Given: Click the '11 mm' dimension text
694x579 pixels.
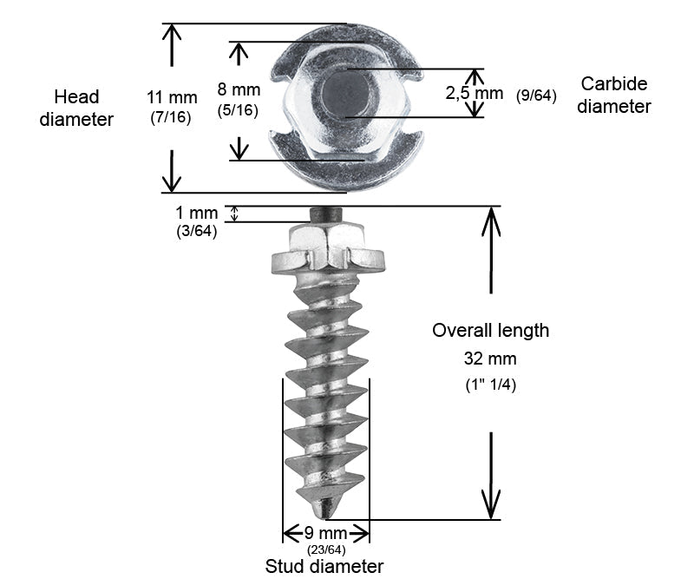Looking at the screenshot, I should (x=173, y=96).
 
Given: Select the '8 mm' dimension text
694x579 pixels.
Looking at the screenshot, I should (x=237, y=89).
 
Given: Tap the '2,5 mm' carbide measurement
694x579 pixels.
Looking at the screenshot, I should (x=474, y=93).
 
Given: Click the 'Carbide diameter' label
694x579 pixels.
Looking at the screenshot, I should (x=614, y=95).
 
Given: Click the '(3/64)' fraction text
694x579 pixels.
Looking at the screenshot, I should (x=195, y=231).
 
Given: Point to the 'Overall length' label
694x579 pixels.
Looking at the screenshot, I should (x=490, y=331).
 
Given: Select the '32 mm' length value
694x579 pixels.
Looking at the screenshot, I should (x=490, y=359).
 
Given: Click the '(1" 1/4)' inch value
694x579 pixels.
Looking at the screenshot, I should (x=491, y=385).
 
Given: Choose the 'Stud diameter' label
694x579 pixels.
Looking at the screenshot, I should (x=324, y=567).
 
